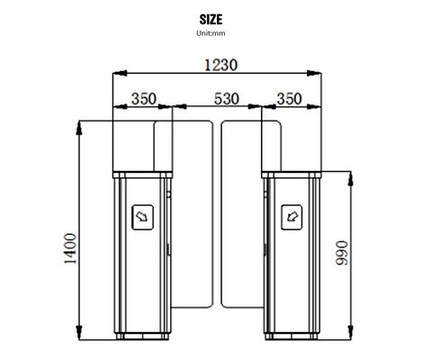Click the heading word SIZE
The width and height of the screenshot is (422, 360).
(211, 18)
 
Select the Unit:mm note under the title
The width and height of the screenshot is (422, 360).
(211, 33)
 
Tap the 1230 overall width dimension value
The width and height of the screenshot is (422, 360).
(218, 64)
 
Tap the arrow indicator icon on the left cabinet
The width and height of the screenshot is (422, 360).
(141, 215)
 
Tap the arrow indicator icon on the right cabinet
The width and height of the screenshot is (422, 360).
(291, 215)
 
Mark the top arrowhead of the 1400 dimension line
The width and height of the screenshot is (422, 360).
(81, 125)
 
